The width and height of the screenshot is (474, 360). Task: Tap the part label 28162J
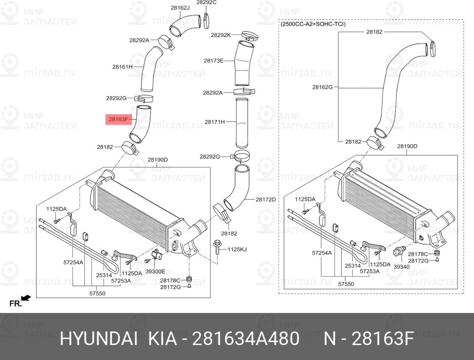[180, 8]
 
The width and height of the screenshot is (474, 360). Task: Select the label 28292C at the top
[207, 3]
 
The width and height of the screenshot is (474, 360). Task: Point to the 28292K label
[221, 35]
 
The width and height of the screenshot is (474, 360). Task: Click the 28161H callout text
[122, 67]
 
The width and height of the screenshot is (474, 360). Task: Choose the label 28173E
[213, 61]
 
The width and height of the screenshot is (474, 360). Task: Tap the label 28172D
[266, 199]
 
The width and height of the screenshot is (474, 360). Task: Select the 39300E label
[155, 272]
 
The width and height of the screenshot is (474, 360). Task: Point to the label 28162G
[322, 87]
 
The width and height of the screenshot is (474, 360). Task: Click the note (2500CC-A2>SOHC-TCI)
[313, 24]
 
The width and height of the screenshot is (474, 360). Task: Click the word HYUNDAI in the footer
[99, 339]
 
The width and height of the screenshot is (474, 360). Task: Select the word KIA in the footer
[162, 339]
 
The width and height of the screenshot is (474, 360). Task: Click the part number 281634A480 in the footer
[246, 339]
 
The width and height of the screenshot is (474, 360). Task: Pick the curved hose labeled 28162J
[184, 25]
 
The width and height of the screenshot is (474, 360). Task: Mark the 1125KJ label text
[237, 249]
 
